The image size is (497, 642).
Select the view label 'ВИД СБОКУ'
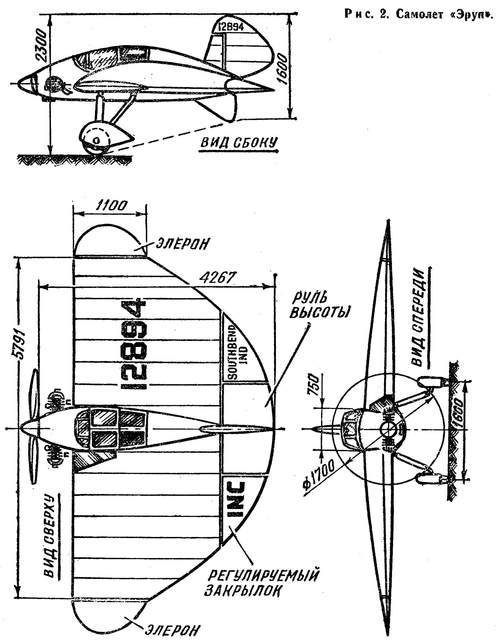(x=239, y=143)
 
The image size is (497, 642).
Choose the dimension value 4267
(x=217, y=277)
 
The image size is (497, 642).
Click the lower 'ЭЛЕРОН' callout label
(x=173, y=630)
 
